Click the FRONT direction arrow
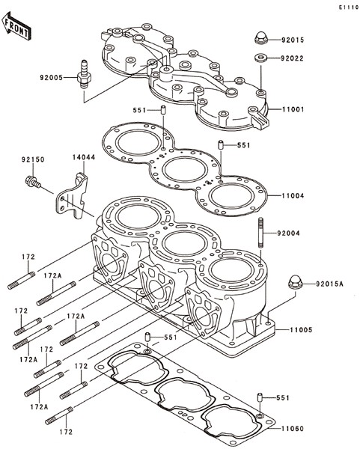tap(16, 26)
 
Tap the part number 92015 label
tap(293, 40)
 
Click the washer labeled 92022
tap(260, 58)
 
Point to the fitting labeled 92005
tap(84, 74)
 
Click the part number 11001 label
tap(293, 109)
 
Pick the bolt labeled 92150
tap(33, 182)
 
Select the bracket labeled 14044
tap(72, 196)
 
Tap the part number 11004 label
tap(293, 196)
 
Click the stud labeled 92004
tap(261, 232)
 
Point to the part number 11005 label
tap(301, 329)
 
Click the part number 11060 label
tap(293, 429)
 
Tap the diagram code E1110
tap(349, 7)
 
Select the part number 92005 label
tap(51, 77)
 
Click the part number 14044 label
tap(84, 157)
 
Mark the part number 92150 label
tap(33, 159)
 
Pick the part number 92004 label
tap(288, 233)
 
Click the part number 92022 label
tap(292, 58)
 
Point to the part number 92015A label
tap(329, 284)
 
